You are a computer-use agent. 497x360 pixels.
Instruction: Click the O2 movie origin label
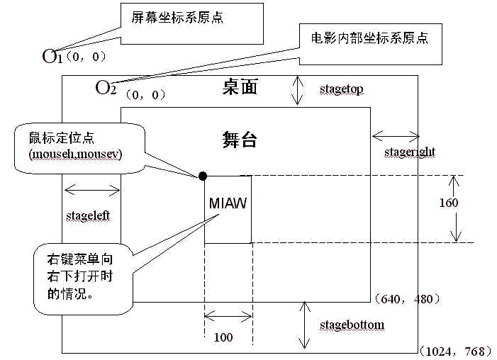(105, 88)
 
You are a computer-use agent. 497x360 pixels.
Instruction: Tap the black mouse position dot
(203, 176)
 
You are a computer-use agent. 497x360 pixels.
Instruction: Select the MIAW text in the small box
(228, 203)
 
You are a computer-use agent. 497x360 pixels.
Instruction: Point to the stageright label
(409, 152)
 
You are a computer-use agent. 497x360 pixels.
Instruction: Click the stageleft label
(88, 214)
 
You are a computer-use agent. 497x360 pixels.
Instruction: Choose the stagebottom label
(352, 325)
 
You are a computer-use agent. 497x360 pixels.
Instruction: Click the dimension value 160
(448, 203)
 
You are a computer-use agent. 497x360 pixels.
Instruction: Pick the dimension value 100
(223, 337)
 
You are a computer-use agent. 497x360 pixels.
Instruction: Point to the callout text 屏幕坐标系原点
(167, 17)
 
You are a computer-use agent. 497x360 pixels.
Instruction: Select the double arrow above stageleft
(92, 189)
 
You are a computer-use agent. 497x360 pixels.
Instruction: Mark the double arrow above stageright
(395, 134)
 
